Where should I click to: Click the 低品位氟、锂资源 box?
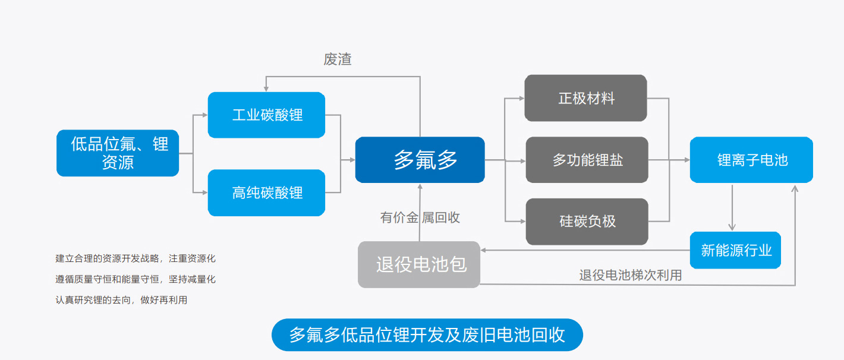(x=118, y=153)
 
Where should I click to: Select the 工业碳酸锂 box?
(x=266, y=115)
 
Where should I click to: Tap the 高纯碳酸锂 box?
(x=266, y=192)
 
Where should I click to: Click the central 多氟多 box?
(x=420, y=160)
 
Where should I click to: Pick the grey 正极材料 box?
(x=585, y=98)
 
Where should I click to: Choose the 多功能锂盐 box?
(x=587, y=160)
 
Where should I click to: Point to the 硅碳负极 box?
(x=587, y=222)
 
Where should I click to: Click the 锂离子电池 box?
(x=751, y=160)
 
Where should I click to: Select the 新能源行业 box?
(x=735, y=250)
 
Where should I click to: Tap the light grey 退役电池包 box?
(x=418, y=264)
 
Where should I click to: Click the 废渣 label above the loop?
(x=337, y=59)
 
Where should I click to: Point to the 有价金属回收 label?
(x=420, y=217)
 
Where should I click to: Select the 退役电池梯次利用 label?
(x=631, y=275)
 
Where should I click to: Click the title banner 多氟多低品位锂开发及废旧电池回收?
(x=427, y=335)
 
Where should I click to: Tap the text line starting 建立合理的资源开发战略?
(x=136, y=258)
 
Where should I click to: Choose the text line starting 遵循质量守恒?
(x=136, y=279)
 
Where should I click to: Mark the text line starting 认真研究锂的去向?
(x=121, y=300)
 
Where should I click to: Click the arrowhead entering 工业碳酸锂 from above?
(x=266, y=89)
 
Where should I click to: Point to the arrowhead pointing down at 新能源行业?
(x=732, y=227)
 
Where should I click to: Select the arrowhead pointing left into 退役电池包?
(x=483, y=250)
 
